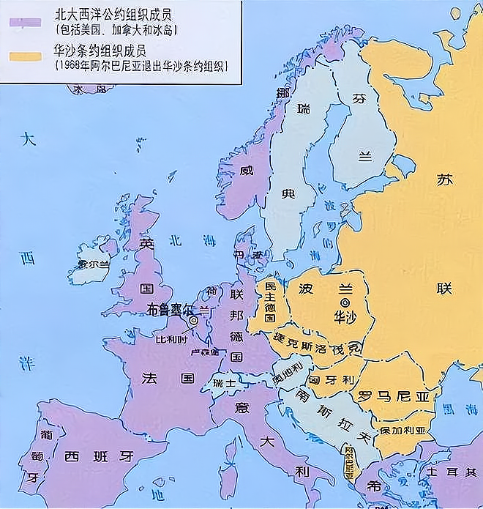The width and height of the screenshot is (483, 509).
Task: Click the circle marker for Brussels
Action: (x=193, y=320)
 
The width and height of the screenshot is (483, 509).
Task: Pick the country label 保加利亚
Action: (x=402, y=431)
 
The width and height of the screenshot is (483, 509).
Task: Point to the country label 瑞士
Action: (x=220, y=383)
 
